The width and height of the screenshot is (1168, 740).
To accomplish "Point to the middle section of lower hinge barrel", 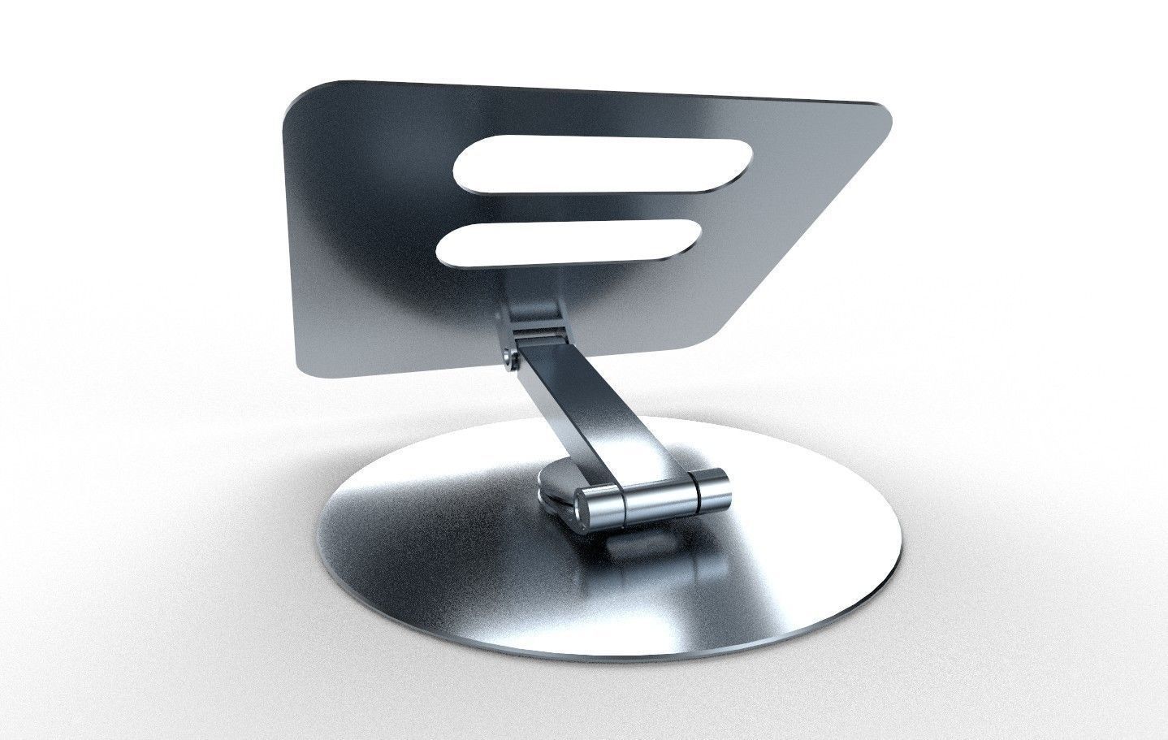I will [658, 498].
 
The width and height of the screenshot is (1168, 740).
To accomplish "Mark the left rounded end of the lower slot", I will [451, 245].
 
